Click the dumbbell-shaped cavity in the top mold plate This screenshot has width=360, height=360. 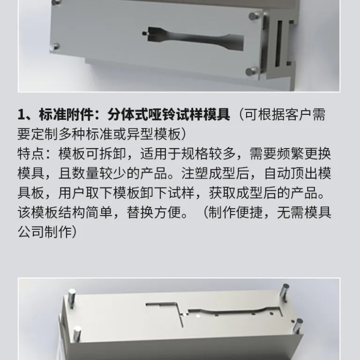[195, 38]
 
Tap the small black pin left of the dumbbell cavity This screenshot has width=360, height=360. [144, 34]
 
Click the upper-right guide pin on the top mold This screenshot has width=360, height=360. [254, 16]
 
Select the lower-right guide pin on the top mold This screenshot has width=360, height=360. [252, 71]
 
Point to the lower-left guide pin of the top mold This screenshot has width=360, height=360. [54, 47]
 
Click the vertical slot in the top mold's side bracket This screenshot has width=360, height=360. [279, 43]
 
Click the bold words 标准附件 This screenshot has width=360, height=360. [66, 114]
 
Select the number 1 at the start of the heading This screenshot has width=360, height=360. [21, 114]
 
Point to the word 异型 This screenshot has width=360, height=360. [140, 134]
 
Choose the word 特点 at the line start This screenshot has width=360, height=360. [31, 154]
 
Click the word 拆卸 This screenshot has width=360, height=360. [112, 154]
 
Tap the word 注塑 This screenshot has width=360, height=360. [195, 173]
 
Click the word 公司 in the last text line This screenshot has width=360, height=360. [31, 232]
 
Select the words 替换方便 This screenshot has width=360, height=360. [154, 212]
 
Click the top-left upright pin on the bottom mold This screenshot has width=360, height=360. [72, 298]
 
